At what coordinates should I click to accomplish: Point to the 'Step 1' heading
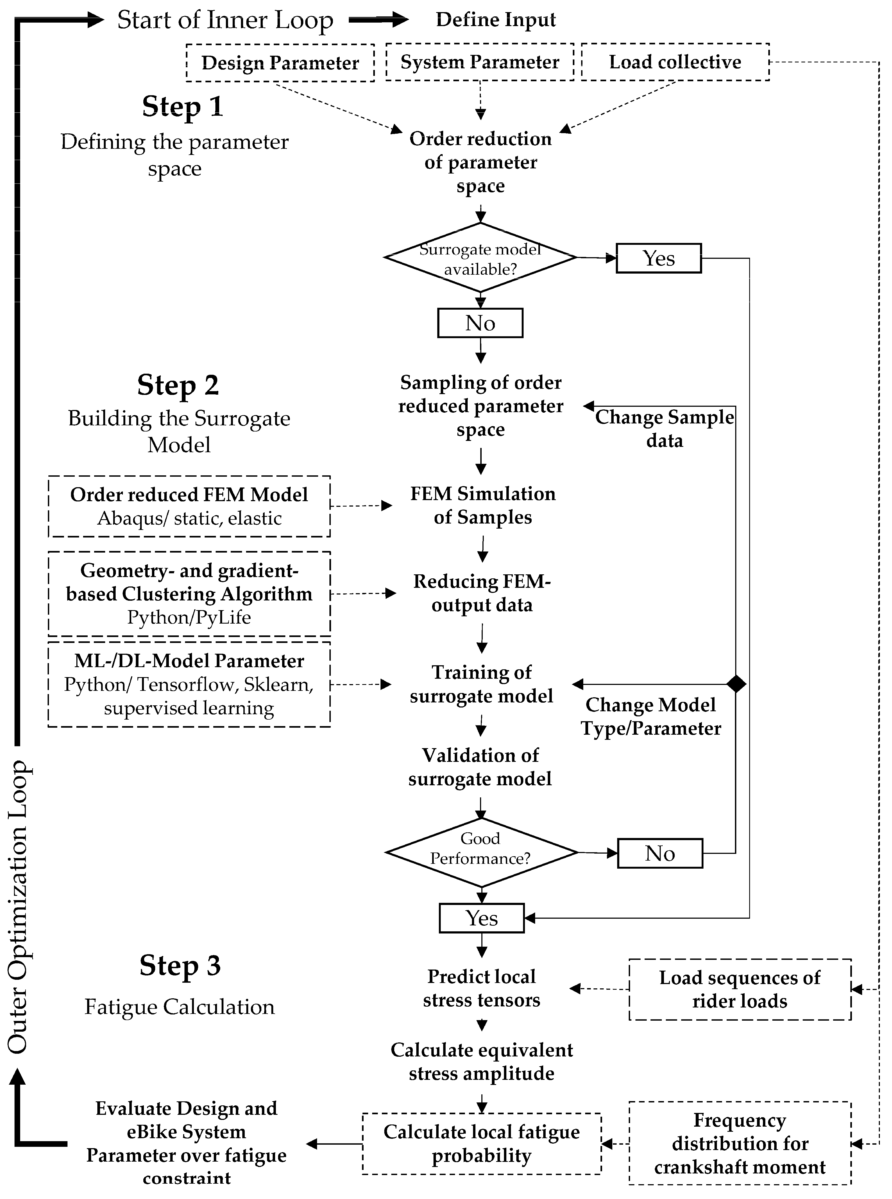(183, 107)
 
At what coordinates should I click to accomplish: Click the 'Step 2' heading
(178, 385)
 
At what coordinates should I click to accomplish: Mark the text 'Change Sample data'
(665, 429)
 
